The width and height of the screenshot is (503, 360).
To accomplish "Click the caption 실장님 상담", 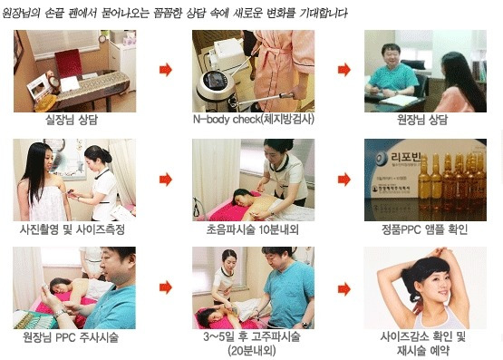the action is click(x=72, y=120).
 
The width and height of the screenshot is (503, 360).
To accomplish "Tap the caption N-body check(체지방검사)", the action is click(x=254, y=120).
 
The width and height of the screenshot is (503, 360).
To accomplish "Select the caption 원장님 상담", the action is click(x=422, y=120).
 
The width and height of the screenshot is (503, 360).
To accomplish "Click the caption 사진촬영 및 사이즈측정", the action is click(x=73, y=229).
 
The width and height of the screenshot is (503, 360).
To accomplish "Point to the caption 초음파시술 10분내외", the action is click(x=253, y=229).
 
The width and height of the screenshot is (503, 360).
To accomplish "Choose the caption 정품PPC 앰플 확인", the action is click(x=424, y=229).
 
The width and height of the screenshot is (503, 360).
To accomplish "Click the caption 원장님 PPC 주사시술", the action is click(x=71, y=337).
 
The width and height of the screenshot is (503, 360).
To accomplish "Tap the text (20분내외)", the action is click(x=252, y=351).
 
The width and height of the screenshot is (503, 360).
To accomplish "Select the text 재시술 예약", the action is click(x=423, y=351).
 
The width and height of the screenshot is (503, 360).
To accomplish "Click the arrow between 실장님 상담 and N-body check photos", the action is click(x=166, y=70).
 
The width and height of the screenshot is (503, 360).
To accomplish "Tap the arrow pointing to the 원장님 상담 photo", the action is click(x=344, y=70).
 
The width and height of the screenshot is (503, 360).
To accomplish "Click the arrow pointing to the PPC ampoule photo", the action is click(x=344, y=180).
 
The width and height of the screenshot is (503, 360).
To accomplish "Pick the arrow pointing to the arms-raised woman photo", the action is click(x=344, y=289).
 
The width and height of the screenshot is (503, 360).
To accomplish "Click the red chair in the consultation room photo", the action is click(x=68, y=63).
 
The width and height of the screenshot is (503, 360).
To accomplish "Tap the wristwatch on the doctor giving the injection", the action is click(x=59, y=313).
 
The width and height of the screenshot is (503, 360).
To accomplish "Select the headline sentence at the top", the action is click(x=175, y=13).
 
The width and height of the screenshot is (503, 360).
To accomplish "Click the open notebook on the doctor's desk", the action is click(x=400, y=100).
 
